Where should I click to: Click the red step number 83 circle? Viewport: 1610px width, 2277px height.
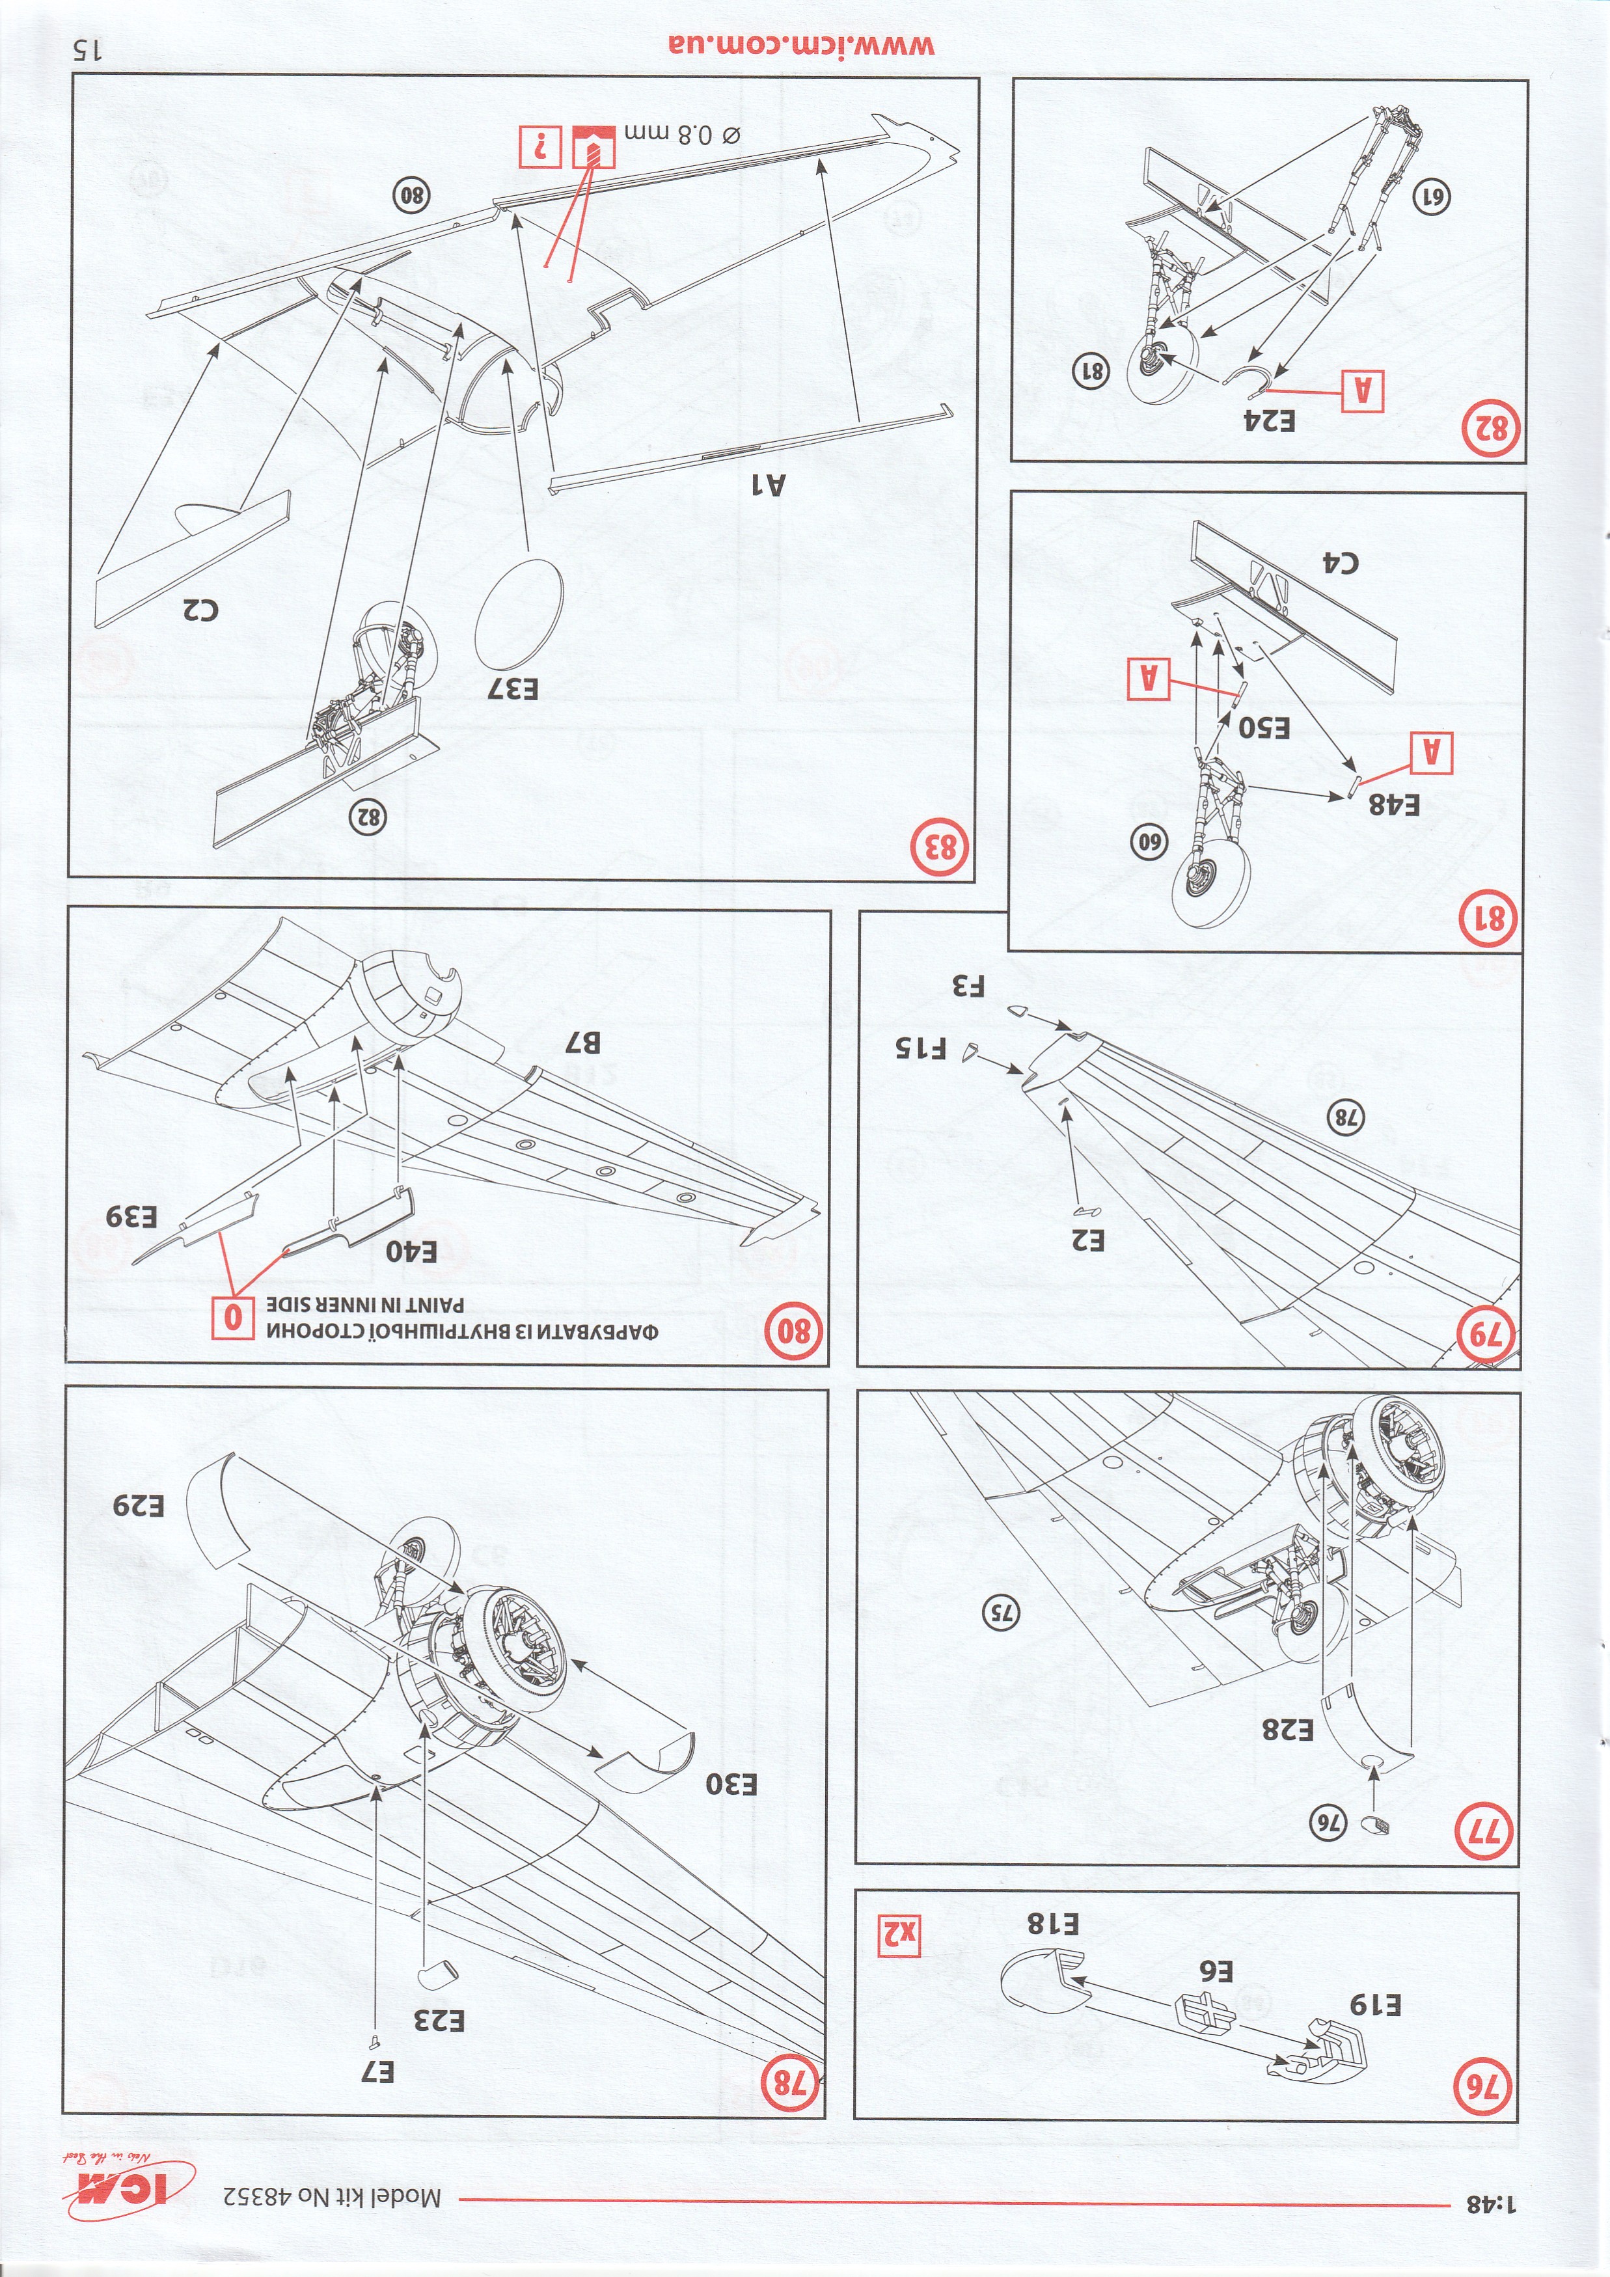pos(942,847)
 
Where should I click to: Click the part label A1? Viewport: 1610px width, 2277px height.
pos(766,483)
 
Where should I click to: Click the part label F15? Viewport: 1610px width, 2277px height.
pos(921,1047)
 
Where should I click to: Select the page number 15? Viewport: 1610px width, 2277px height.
pos(87,49)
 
